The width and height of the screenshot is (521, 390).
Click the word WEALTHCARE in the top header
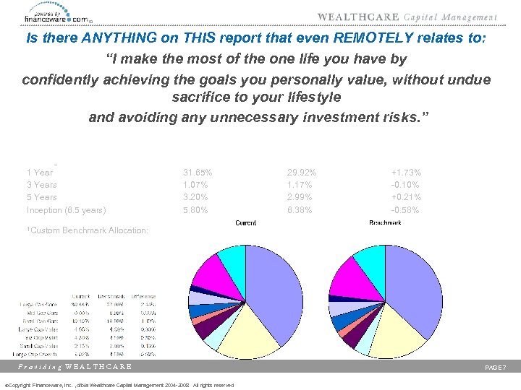(x=355, y=17)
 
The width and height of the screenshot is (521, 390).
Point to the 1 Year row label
(x=39, y=173)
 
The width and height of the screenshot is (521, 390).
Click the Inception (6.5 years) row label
(x=66, y=210)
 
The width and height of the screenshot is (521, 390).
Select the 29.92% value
(x=302, y=173)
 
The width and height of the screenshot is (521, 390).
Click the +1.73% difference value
(x=406, y=173)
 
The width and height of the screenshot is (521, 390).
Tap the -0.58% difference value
(x=406, y=210)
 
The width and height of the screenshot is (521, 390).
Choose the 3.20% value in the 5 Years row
(x=196, y=197)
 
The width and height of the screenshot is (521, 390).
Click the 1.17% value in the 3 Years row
(x=300, y=185)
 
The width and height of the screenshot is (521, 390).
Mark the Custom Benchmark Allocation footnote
(x=87, y=230)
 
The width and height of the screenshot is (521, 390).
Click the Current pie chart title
(x=245, y=223)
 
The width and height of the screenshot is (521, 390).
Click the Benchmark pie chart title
(x=386, y=223)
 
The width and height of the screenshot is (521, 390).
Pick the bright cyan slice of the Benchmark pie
(x=371, y=259)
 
